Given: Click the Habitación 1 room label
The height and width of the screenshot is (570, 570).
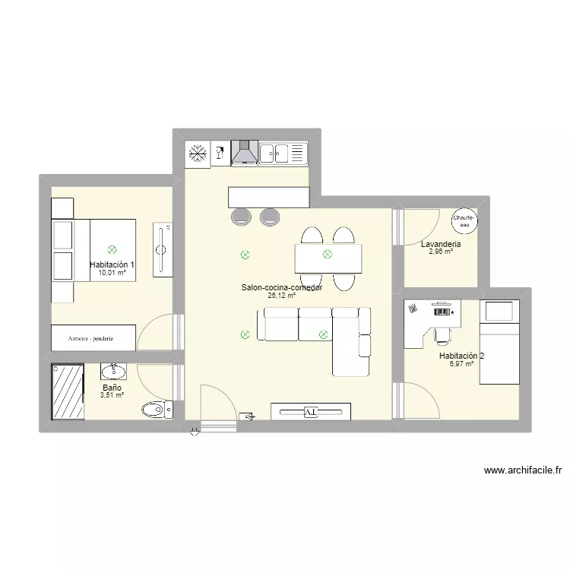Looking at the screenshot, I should [x=111, y=264].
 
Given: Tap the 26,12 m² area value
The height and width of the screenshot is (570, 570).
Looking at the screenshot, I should [x=281, y=296].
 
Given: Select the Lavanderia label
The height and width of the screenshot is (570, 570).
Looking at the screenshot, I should [x=441, y=244].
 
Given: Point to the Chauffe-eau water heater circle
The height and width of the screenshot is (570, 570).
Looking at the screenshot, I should [x=464, y=220].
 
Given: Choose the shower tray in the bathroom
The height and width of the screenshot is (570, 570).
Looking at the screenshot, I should [x=68, y=392].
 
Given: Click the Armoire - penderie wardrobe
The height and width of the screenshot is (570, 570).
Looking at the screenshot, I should [x=93, y=337].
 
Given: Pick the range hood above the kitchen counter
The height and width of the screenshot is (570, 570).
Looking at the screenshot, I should [x=245, y=154].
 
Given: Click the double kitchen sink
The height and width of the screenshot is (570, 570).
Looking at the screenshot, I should [x=283, y=154].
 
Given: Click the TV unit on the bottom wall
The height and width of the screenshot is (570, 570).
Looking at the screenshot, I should [x=310, y=412].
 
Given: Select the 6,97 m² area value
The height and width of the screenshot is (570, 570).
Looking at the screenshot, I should [x=461, y=364].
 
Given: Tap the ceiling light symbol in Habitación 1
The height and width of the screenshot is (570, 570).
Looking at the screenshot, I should [x=112, y=249].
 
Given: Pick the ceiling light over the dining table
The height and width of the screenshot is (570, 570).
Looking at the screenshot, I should [x=328, y=255].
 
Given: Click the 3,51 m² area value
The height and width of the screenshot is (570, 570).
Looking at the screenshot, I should [x=112, y=395].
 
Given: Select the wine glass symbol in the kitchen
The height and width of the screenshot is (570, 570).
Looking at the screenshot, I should [x=220, y=154].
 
